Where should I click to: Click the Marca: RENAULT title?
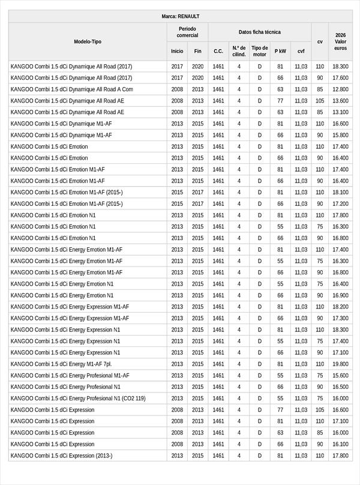[x=180, y=16]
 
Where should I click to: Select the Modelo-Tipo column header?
[x=88, y=41]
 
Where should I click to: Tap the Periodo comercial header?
[x=187, y=32]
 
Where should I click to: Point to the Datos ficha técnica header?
[x=259, y=32]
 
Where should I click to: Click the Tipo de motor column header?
[x=259, y=51]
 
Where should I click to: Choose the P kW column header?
[x=280, y=51]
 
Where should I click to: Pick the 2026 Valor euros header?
[x=340, y=41]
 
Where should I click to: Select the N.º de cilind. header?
[x=239, y=51]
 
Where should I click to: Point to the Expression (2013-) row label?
[x=61, y=456]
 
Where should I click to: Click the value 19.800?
[x=340, y=364]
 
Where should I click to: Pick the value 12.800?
[x=340, y=89]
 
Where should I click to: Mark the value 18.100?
[x=340, y=192]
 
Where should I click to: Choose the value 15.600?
[x=340, y=375]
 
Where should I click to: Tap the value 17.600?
[x=340, y=78]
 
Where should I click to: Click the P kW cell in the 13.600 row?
[x=280, y=101]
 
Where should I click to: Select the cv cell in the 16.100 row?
[x=320, y=444]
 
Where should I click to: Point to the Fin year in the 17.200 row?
[x=197, y=203]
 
